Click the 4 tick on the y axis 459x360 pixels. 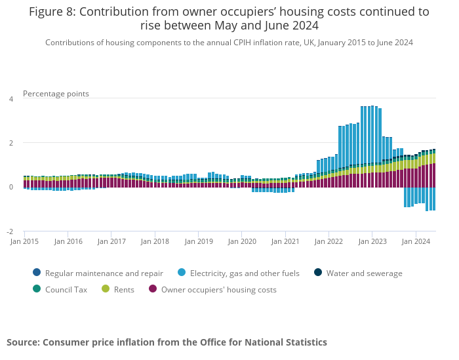point(10,99)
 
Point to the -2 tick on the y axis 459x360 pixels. point(10,231)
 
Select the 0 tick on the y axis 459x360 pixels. point(10,187)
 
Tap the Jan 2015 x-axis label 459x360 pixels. point(25,241)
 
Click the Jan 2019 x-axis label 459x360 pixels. point(199,241)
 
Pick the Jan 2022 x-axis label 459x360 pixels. point(329,241)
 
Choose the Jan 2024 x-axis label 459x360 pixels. point(416,241)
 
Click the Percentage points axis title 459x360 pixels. point(56,94)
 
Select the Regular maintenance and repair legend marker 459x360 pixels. point(36,273)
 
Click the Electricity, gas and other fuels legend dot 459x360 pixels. point(181,273)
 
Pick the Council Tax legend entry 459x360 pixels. point(67,289)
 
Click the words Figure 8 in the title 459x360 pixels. point(51,12)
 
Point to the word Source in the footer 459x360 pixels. point(22,342)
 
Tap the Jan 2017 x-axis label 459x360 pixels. point(111,241)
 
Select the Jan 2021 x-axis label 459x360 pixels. point(285,241)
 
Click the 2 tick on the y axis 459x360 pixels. point(10,143)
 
